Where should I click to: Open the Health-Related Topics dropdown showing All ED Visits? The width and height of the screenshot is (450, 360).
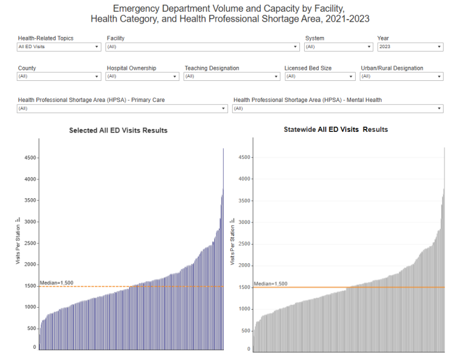point(59,47)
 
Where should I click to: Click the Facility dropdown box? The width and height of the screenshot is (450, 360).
point(203,47)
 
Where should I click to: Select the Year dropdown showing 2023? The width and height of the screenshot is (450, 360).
point(410,47)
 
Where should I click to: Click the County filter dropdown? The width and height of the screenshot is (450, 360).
point(59,76)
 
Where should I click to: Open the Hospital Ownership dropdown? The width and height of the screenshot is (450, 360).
point(142,76)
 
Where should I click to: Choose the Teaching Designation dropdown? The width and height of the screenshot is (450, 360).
point(232,76)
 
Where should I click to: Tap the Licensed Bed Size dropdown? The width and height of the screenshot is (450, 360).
point(320,76)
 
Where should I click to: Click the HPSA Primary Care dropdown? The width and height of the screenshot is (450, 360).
point(122,108)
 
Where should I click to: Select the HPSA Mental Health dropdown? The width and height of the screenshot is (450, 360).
point(337,108)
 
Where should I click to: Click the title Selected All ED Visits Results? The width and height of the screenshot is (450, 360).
point(118,130)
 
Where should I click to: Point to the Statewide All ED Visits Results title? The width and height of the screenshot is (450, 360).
point(336,129)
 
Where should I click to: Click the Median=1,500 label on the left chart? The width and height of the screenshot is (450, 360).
point(56,283)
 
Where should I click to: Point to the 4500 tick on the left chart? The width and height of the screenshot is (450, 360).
point(29,158)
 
